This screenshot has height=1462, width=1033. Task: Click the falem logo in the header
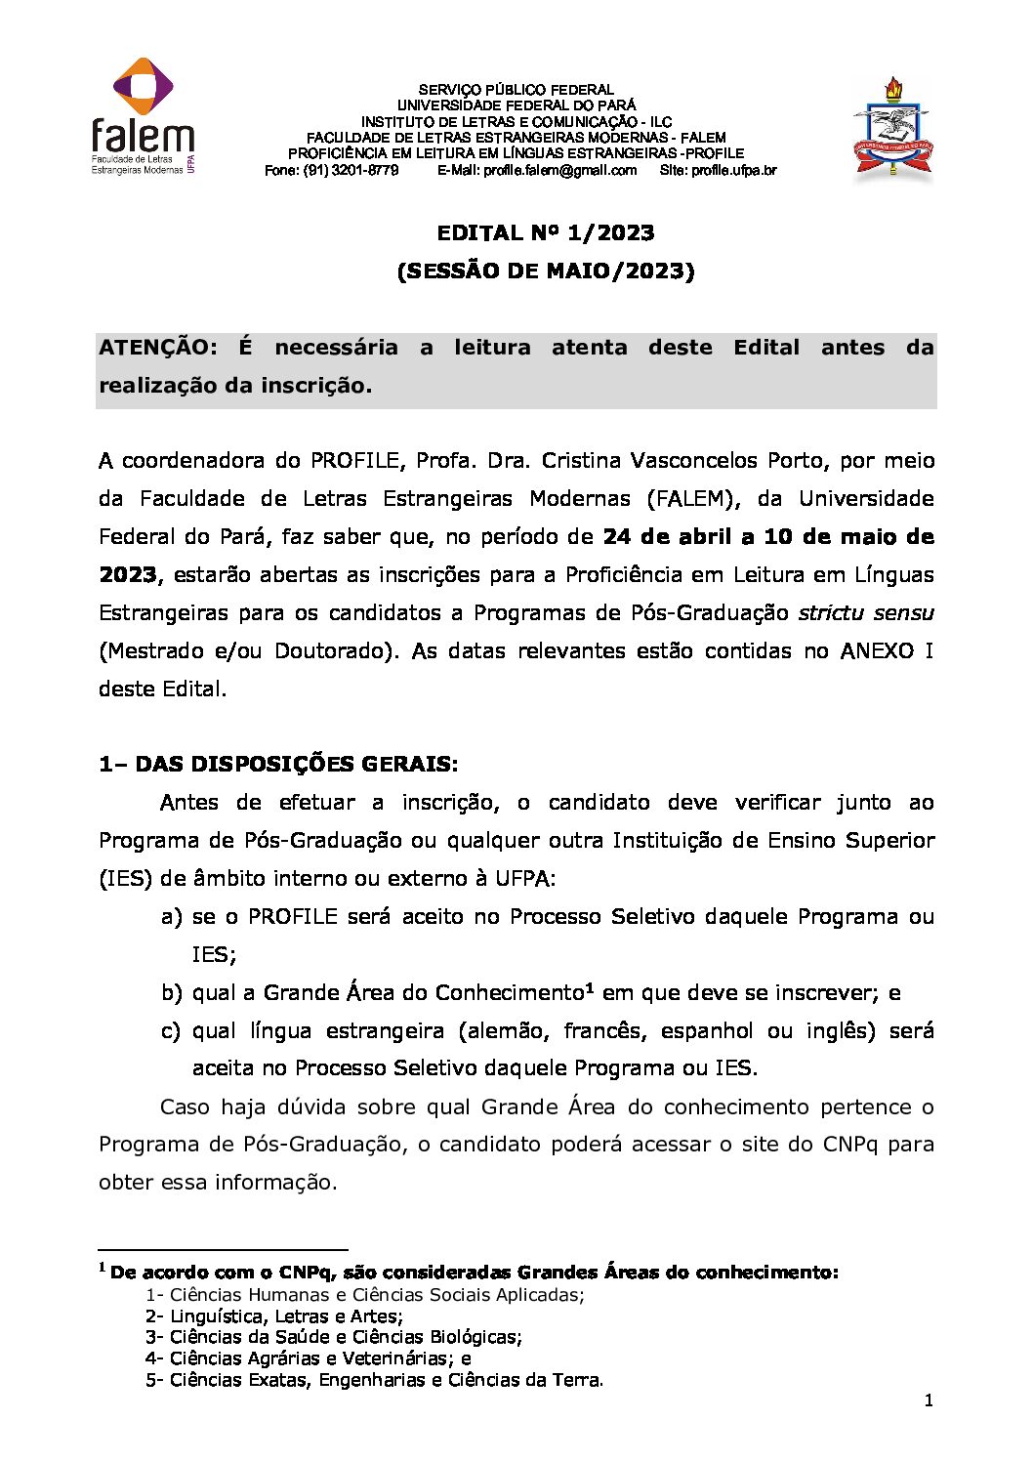click(143, 116)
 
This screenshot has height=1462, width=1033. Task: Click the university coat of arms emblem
click(892, 130)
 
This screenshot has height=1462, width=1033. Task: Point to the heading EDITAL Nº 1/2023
click(545, 232)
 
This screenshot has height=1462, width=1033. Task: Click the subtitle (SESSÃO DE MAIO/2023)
click(545, 271)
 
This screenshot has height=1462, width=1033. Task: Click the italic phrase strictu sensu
click(865, 612)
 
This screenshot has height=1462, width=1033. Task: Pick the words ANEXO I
click(887, 650)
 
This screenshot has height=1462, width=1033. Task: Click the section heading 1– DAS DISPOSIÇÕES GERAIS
click(278, 764)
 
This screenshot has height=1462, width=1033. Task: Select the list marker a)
click(171, 916)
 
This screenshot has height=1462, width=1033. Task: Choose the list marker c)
click(171, 1030)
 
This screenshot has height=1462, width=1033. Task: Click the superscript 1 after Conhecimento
click(590, 988)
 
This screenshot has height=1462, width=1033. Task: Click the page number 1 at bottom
click(929, 1400)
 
